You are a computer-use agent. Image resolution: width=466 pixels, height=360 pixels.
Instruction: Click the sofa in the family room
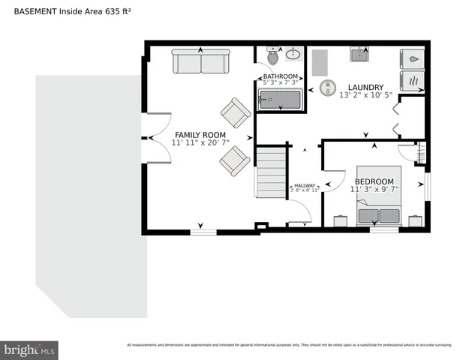coord(200,61)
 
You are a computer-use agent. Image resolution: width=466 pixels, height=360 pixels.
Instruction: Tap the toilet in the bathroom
coord(272,57)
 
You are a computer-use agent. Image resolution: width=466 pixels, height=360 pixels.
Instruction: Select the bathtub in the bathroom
coord(278,100)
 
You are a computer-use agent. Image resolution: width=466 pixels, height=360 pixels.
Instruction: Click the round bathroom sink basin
coord(293,54)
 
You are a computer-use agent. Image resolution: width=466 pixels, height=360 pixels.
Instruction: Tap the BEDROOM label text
coord(374,181)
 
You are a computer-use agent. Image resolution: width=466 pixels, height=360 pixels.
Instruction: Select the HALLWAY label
coord(305,185)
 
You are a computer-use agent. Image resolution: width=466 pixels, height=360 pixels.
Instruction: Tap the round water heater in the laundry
coord(327,88)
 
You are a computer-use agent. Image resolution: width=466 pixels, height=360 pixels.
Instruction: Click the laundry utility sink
coord(360,55)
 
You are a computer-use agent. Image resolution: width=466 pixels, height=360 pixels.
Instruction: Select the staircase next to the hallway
coord(272,172)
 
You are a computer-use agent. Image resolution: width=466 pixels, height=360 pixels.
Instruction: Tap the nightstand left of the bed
coord(341,220)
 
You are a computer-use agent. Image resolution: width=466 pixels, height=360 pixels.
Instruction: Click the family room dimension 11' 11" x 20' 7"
coord(200,142)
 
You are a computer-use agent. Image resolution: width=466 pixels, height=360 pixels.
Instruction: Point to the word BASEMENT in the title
coord(37,10)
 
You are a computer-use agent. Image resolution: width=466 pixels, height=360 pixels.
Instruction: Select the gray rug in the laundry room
coord(318,61)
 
